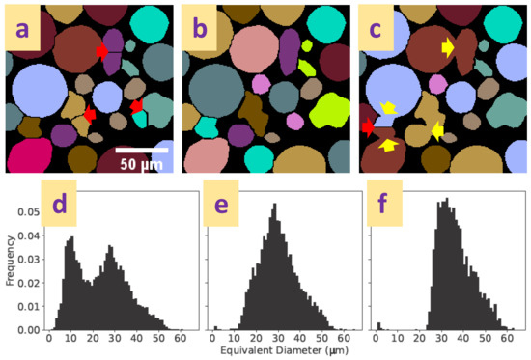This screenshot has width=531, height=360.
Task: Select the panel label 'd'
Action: coord(64,206)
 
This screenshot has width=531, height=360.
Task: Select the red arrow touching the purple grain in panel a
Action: coord(103,52)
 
